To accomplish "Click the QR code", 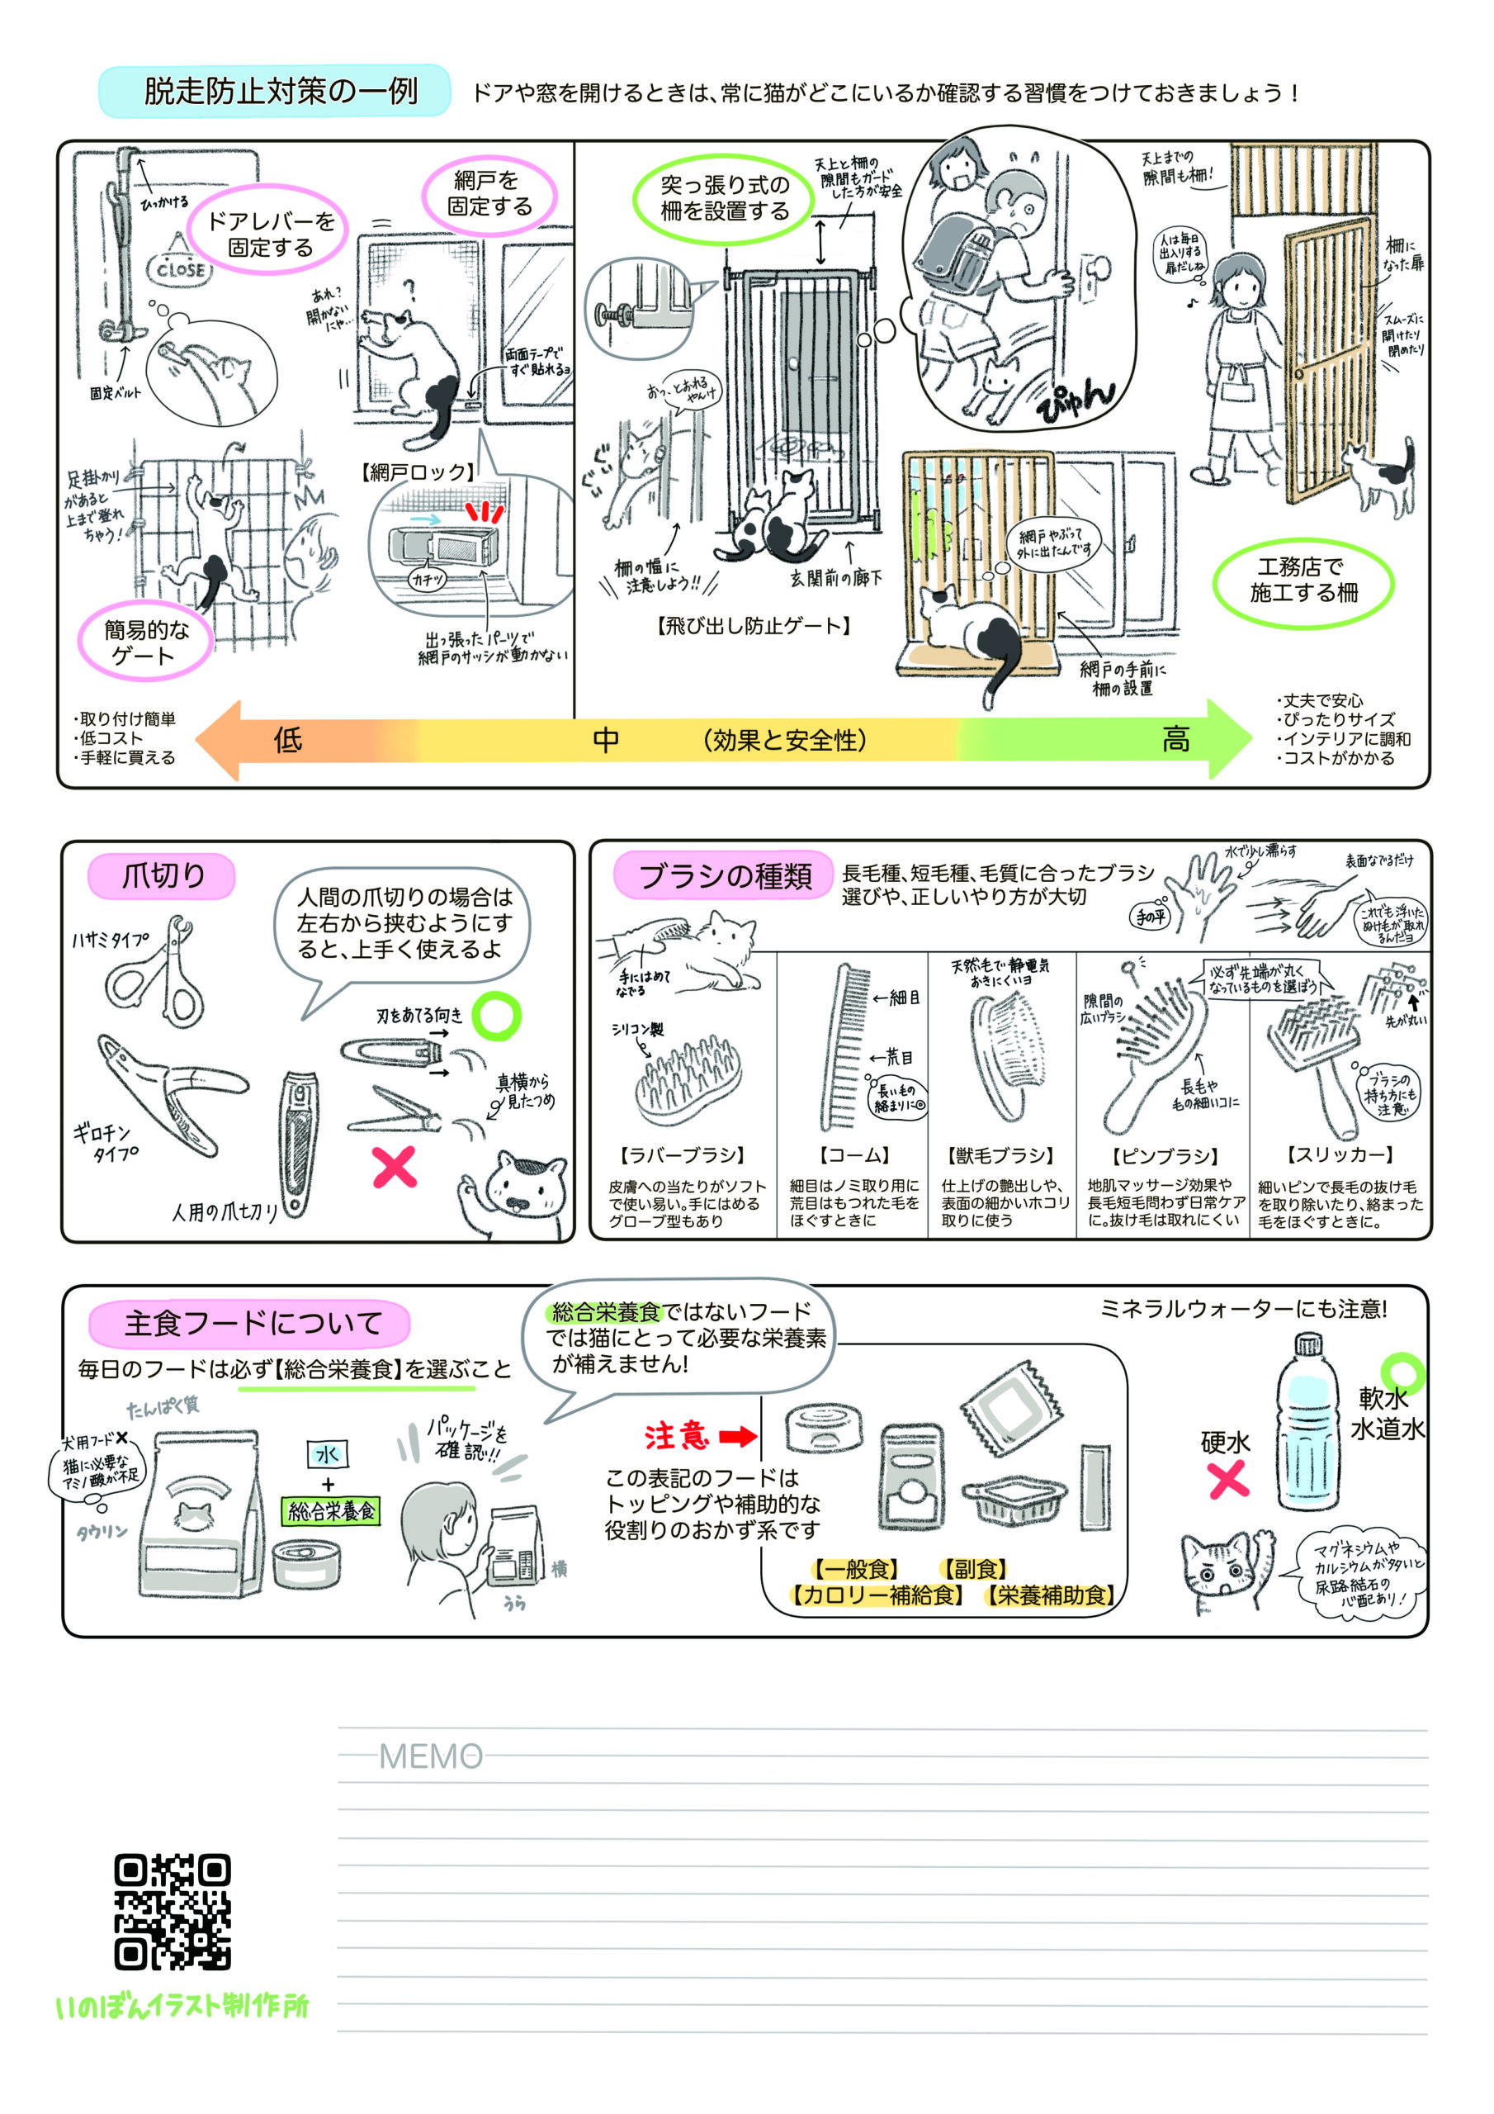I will pyautogui.click(x=173, y=1912).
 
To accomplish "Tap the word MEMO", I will pyautogui.click(x=431, y=1756).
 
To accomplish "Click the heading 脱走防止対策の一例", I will pyautogui.click(x=280, y=91).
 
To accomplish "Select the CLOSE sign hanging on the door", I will pyautogui.click(x=179, y=269).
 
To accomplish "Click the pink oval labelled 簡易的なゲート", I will pyautogui.click(x=145, y=642).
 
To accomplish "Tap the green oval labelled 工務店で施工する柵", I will pyautogui.click(x=1303, y=580).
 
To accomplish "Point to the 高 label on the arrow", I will pyautogui.click(x=1175, y=739).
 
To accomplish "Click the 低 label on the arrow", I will pyautogui.click(x=288, y=739).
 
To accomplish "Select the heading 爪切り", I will pyautogui.click(x=163, y=875).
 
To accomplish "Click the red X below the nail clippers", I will pyautogui.click(x=394, y=1167).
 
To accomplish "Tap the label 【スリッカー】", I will pyautogui.click(x=1340, y=1154).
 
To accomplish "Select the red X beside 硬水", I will pyautogui.click(x=1228, y=1480).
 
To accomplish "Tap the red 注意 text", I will pyautogui.click(x=677, y=1435).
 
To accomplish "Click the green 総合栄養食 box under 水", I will pyautogui.click(x=331, y=1511).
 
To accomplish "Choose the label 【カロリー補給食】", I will pyautogui.click(x=879, y=1595).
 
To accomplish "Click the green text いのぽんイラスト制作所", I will pyautogui.click(x=182, y=2005).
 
